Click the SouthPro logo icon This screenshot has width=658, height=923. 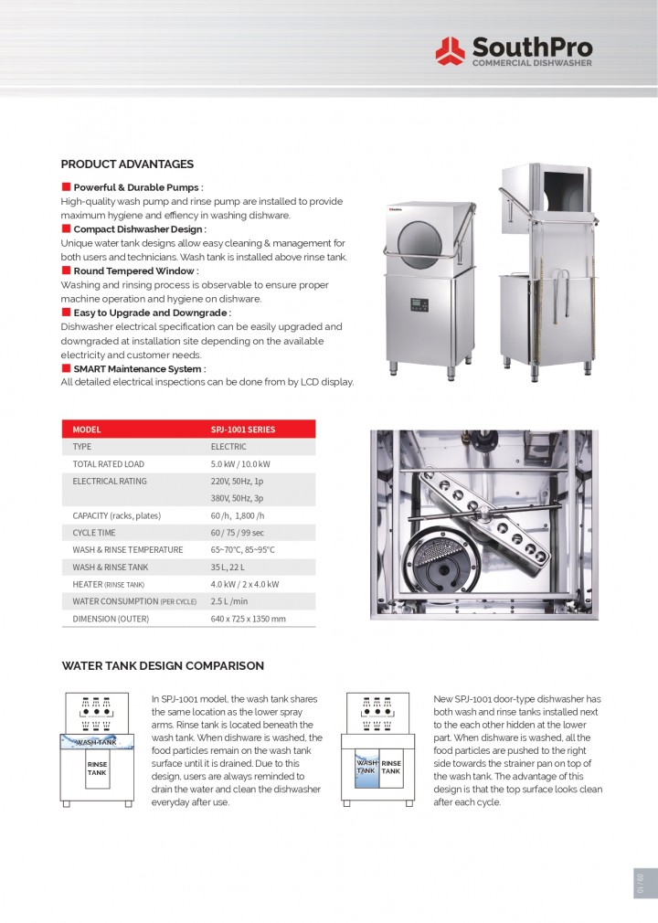coord(450,50)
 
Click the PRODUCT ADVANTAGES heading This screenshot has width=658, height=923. coord(127,164)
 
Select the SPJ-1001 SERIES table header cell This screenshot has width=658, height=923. coord(242,430)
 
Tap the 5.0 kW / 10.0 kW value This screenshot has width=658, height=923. coord(240,464)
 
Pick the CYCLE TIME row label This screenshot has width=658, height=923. coord(94,533)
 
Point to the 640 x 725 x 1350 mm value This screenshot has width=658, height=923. coord(248,619)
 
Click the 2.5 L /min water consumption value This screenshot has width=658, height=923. coord(230,601)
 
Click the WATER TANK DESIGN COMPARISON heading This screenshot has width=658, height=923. coord(163,666)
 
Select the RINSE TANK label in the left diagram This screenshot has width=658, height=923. coord(97,768)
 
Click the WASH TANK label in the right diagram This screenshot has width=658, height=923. coord(366,766)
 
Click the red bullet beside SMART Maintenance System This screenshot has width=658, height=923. coord(66,368)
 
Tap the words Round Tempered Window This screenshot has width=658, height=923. coord(134,271)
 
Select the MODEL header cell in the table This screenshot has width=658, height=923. coord(87,430)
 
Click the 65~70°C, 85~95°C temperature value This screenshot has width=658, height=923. coord(242,550)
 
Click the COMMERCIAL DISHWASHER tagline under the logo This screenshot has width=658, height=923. coord(531,63)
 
